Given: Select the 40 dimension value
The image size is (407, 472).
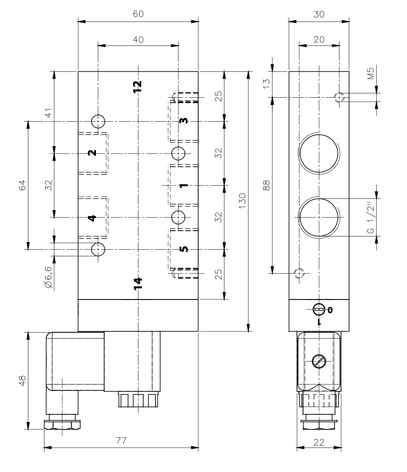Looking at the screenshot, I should coord(138,40).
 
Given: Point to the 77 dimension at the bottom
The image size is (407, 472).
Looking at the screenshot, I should coord(121,441).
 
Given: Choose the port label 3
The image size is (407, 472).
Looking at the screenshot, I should coord(183,121).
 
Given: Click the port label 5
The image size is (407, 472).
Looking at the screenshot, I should coord(183,249).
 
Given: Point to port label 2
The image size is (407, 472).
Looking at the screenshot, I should coord(91,153).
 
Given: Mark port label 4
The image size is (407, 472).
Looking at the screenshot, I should coord(91,218).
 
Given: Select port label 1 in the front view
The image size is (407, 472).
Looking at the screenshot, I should coord(183,186).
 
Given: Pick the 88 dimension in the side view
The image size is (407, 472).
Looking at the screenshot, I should coord(267,185).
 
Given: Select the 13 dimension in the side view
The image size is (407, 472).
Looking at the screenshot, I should coord(267,84).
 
